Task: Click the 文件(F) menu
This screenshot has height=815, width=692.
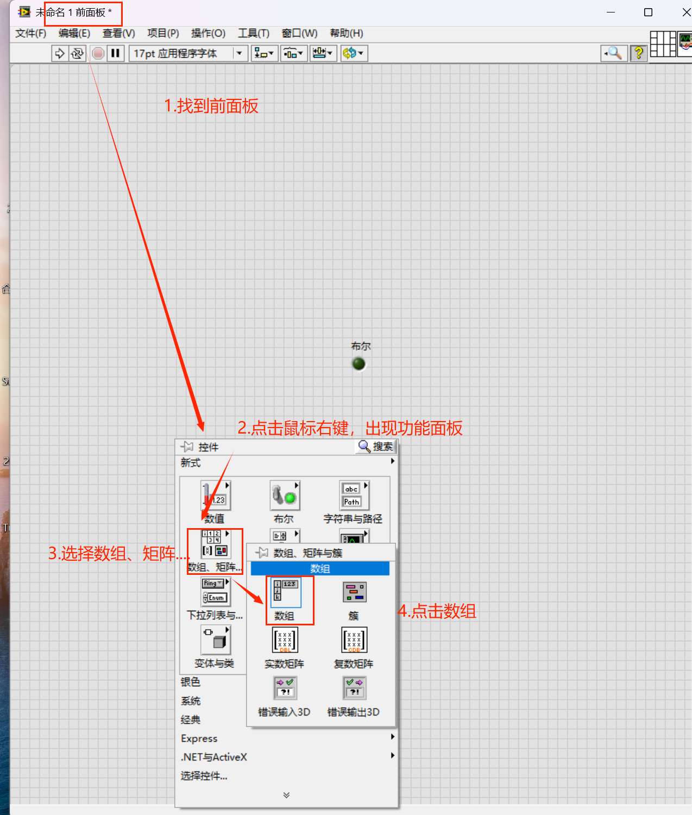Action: [30, 34]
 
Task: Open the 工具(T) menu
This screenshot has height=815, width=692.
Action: [253, 34]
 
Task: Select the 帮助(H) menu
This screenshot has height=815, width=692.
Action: [346, 34]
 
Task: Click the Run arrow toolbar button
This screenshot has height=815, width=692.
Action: [59, 53]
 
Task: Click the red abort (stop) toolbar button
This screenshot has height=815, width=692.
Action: [98, 53]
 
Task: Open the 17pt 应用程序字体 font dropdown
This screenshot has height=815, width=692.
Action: [187, 53]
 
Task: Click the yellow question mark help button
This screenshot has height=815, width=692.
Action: [639, 53]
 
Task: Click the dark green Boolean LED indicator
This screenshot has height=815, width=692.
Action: [358, 363]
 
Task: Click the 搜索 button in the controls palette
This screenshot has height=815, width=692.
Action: [376, 447]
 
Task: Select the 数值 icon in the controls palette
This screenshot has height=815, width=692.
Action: [215, 496]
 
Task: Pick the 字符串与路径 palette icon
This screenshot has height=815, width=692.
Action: [353, 496]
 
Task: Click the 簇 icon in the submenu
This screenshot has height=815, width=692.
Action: [354, 592]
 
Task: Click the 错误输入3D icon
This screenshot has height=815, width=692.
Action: [285, 688]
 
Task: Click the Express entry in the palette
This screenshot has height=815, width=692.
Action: [199, 738]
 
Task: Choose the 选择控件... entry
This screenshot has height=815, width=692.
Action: [204, 776]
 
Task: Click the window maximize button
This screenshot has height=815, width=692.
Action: [648, 12]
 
